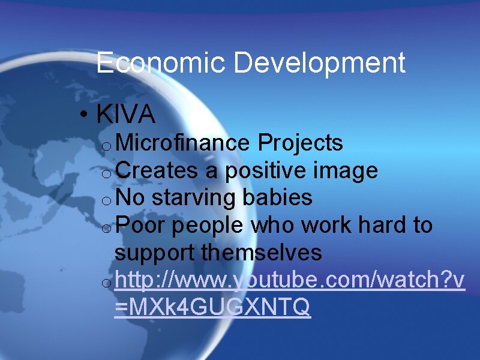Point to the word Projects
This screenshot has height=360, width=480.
(300, 143)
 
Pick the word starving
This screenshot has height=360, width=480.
(196, 198)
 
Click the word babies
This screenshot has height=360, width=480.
(278, 197)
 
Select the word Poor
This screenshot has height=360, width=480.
(140, 226)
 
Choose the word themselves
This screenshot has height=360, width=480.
(262, 253)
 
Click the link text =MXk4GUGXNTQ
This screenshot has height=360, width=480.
(212, 308)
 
